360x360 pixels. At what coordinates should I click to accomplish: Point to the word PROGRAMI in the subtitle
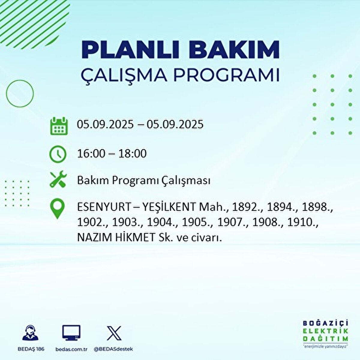coord(226,75)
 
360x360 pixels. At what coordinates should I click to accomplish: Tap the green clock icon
coord(58,154)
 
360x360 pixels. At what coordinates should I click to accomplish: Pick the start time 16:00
coord(91,154)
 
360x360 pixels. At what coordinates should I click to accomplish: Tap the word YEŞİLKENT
coord(168,207)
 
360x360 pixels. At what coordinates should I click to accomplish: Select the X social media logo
coord(114,333)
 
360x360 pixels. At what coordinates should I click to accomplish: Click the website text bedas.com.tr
coord(71,349)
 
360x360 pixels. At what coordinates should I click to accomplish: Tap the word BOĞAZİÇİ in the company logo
coord(326,324)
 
